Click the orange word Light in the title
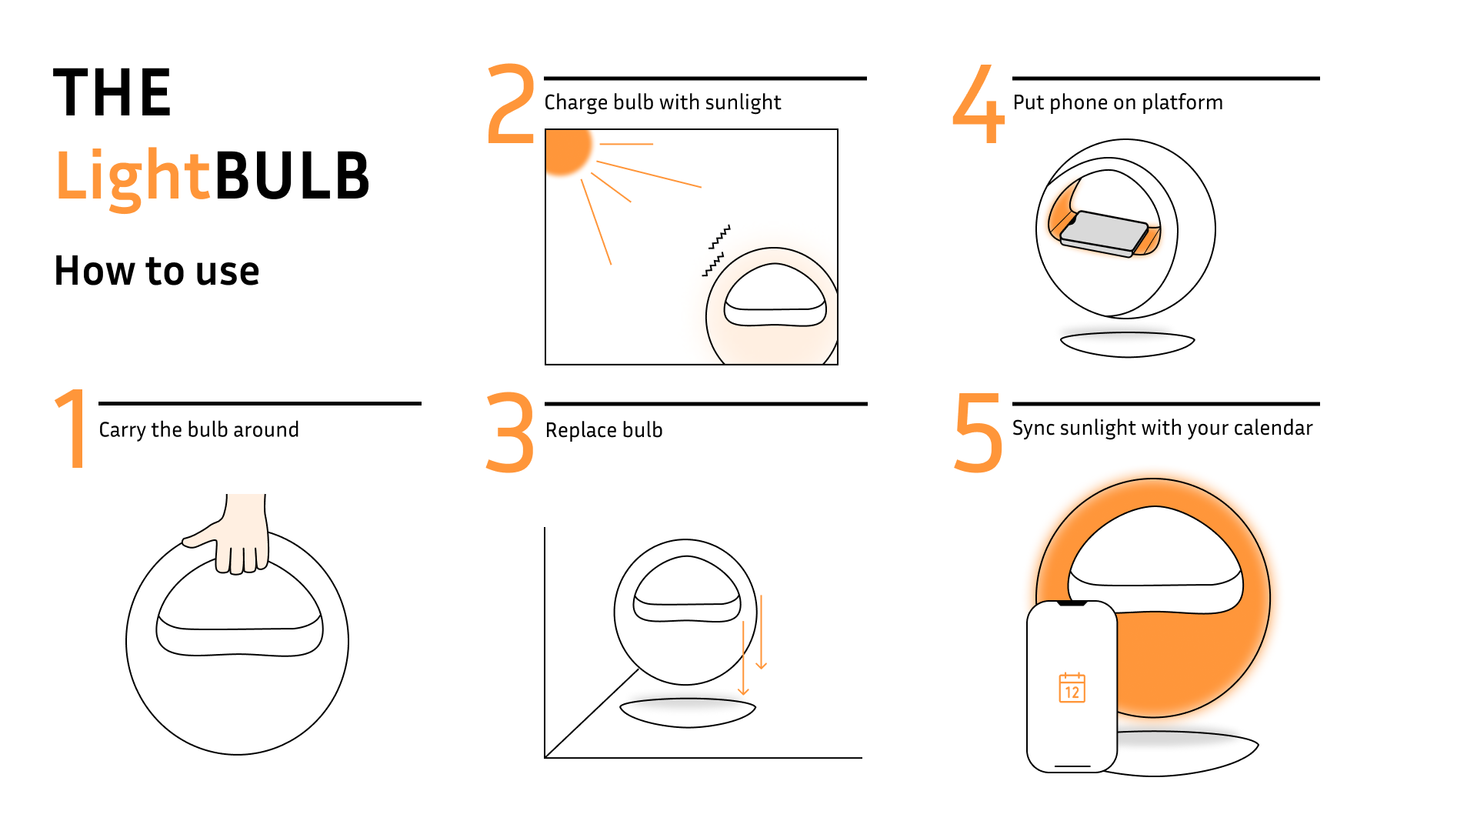[132, 175]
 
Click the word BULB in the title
[292, 175]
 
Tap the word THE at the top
[112, 93]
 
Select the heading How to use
[157, 271]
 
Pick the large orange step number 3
[511, 432]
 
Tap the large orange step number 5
[979, 432]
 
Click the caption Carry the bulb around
[198, 429]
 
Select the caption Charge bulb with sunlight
[662, 102]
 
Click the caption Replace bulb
[604, 430]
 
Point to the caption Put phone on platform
[1118, 102]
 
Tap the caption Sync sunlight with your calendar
[1162, 428]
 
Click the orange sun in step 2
[566, 149]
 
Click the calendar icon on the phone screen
[1072, 688]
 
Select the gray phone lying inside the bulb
[1104, 233]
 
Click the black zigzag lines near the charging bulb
[716, 251]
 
